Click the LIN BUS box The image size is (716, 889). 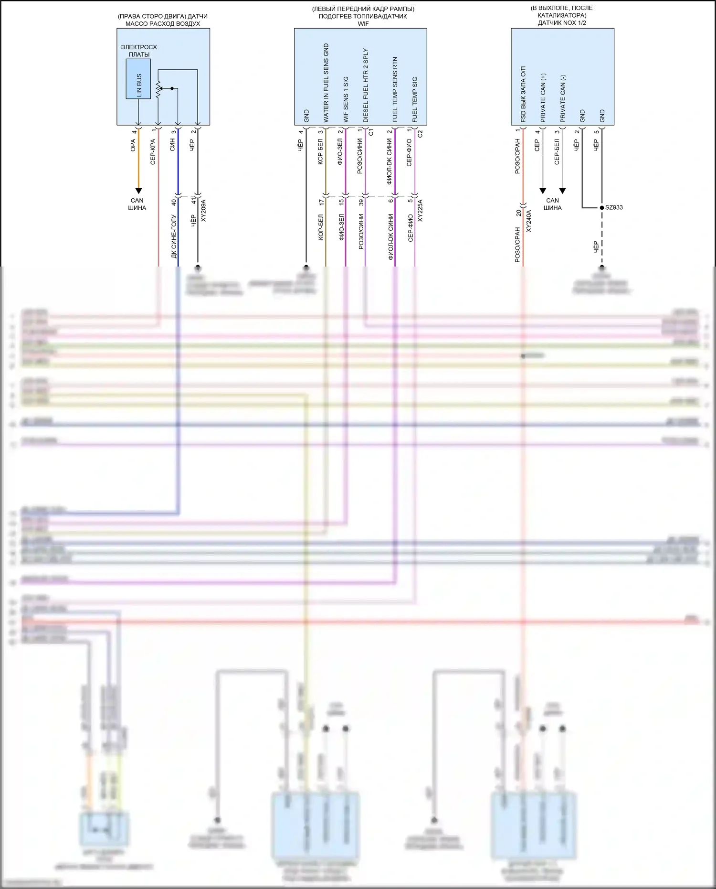[138, 79]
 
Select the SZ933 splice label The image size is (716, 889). [614, 207]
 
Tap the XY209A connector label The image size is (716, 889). [204, 211]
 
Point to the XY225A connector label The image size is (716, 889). [421, 211]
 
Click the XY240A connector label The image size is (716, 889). [529, 221]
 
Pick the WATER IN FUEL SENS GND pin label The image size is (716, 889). [326, 83]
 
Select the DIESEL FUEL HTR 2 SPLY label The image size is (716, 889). [366, 85]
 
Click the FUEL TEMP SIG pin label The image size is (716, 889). [415, 99]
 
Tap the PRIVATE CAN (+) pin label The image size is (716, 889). [543, 98]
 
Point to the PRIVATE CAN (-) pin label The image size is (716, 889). [563, 98]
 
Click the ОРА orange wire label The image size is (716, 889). [133, 145]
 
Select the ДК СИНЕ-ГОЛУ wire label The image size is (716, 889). [174, 237]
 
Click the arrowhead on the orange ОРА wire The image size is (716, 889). [138, 191]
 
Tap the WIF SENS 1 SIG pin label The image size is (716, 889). [346, 99]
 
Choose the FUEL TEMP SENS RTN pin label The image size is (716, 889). [395, 89]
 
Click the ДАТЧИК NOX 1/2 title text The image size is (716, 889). [562, 23]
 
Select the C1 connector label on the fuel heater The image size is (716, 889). [371, 132]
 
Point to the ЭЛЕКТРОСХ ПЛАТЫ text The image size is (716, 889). [139, 51]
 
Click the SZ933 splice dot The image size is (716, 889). [602, 207]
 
